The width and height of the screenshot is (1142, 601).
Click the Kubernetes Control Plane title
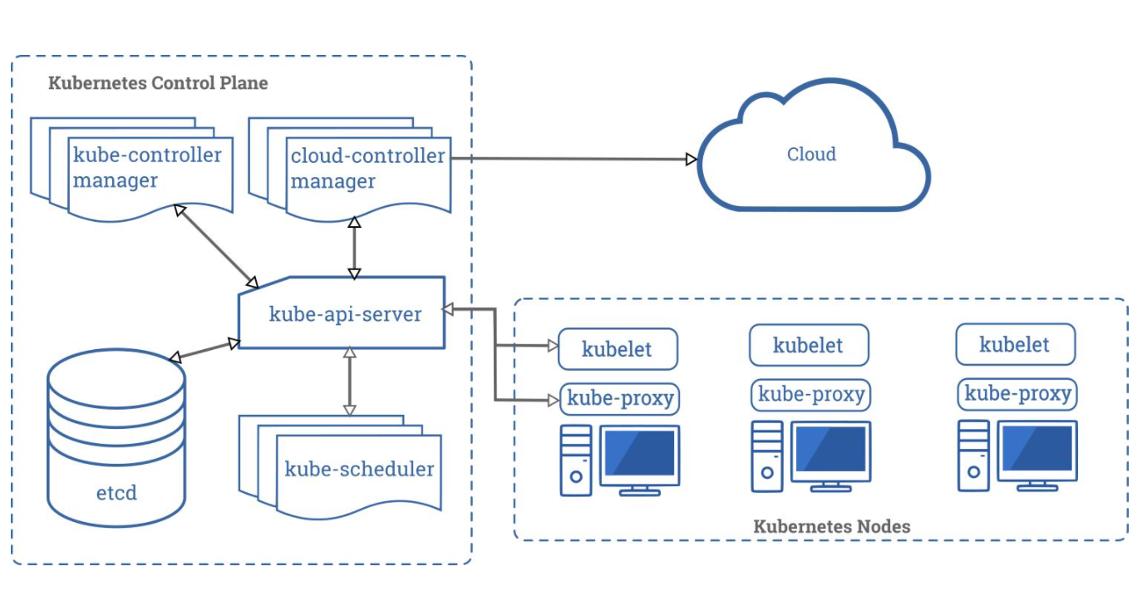158,83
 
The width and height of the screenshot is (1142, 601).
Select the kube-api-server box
345,314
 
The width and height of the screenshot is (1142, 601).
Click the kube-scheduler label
359,469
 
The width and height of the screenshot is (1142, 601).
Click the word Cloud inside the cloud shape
811,154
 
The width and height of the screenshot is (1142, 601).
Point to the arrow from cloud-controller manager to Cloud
573,158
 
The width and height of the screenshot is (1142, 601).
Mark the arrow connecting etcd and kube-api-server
204,350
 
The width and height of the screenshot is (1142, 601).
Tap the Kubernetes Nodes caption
831,526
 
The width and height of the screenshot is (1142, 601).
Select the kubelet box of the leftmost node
618,349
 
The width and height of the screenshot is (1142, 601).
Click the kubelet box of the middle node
809,345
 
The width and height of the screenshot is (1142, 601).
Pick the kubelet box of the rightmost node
1015,345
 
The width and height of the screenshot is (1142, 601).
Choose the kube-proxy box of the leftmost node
620,398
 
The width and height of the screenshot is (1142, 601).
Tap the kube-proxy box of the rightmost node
1017,393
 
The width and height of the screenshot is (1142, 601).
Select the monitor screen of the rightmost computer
1037,450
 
